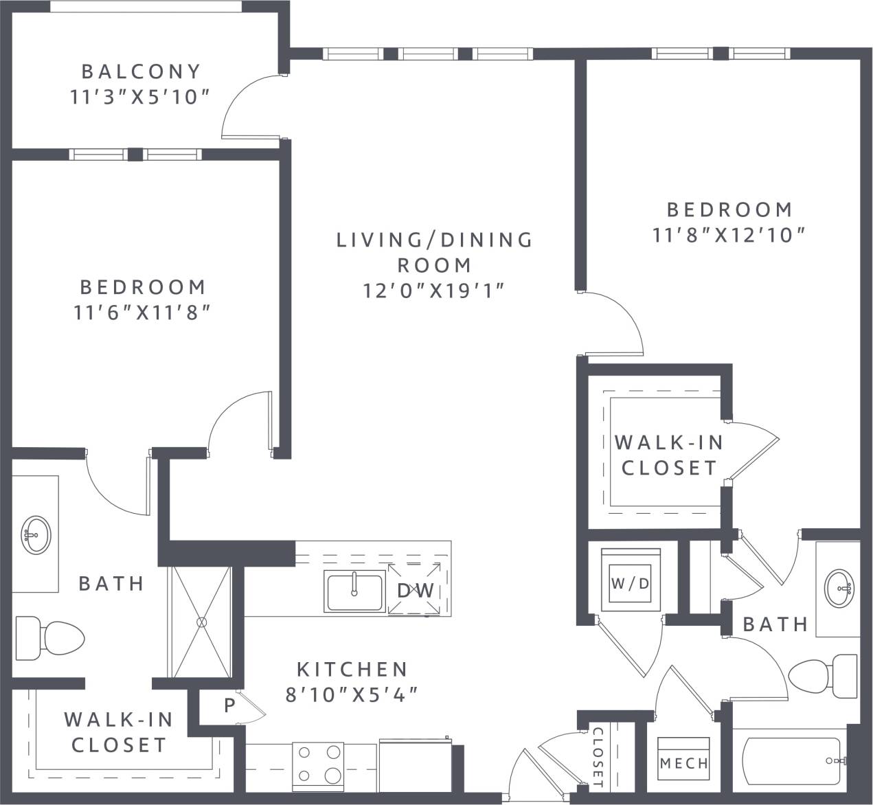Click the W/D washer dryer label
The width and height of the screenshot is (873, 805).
(630, 583)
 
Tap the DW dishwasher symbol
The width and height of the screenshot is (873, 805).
(416, 590)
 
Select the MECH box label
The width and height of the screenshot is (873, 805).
(683, 762)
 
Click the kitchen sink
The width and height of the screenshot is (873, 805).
(355, 591)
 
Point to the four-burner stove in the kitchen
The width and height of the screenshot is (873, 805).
(318, 764)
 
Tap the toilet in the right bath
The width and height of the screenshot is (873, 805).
(824, 676)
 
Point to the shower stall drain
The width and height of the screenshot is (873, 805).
(201, 622)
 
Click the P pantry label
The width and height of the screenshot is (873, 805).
(229, 706)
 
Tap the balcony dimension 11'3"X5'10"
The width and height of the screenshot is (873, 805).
(139, 97)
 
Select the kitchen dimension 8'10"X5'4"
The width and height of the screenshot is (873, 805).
(352, 694)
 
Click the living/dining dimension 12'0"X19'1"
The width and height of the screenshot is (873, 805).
(434, 291)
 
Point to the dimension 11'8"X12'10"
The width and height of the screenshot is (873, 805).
(728, 235)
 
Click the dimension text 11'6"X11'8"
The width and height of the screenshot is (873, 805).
(141, 313)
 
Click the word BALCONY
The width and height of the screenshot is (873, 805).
(141, 71)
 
